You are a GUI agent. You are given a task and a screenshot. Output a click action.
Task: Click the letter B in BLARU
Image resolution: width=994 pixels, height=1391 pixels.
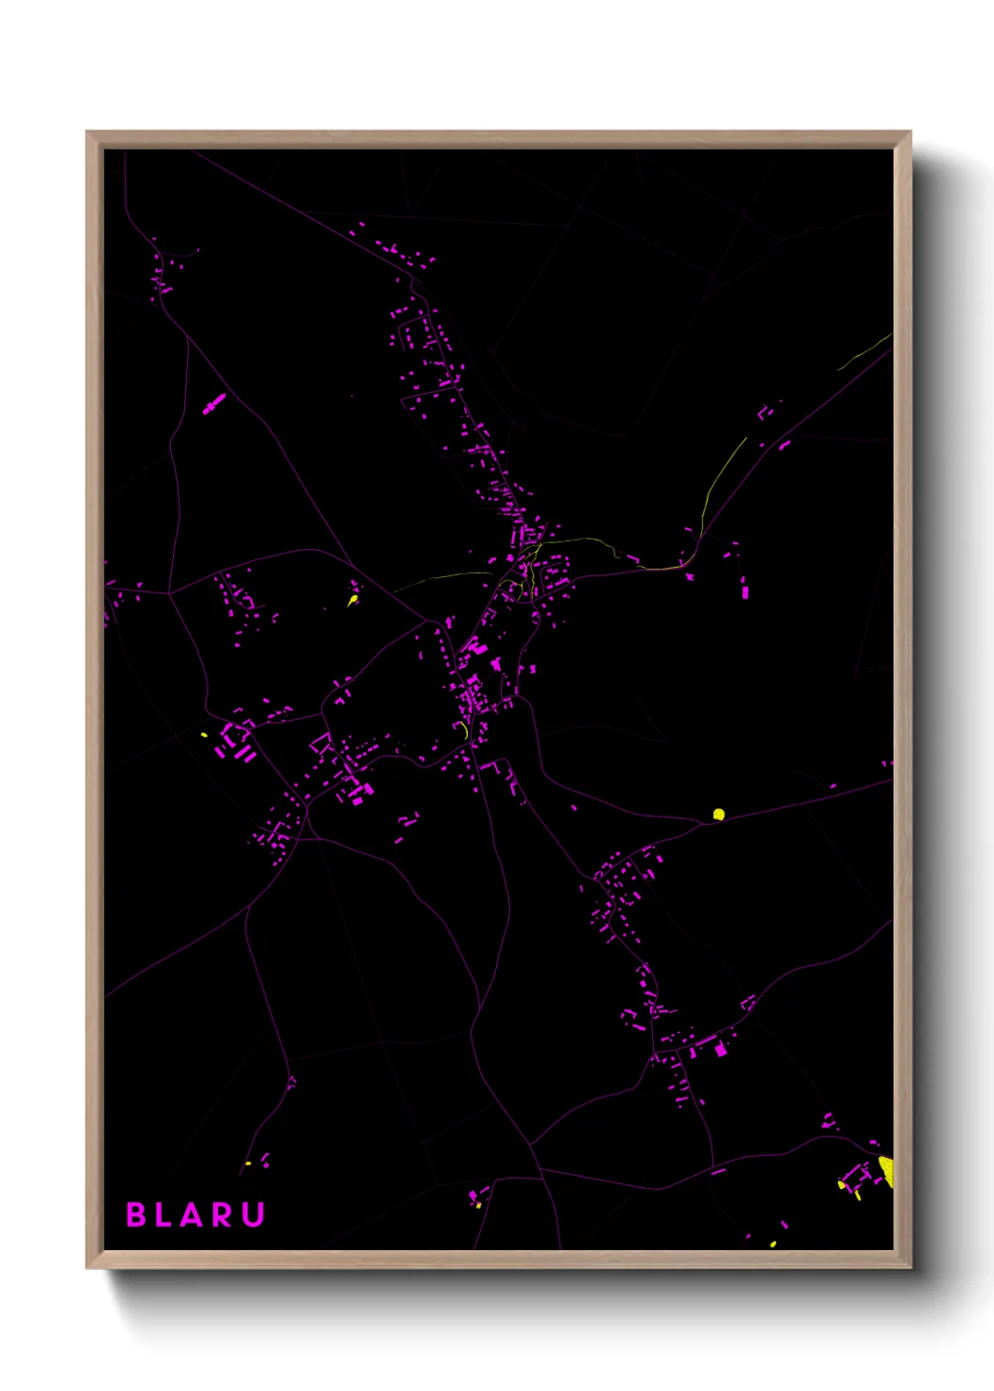[x=136, y=1214]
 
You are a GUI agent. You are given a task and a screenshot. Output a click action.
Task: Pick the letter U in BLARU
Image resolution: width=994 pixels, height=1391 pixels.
[x=253, y=1214]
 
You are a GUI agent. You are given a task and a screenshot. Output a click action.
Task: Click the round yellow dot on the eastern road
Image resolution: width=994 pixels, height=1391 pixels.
[x=719, y=814]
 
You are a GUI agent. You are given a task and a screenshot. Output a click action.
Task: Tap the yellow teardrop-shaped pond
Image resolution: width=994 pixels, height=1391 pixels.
[x=353, y=599]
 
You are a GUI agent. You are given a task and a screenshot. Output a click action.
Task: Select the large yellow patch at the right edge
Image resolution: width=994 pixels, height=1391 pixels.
[x=886, y=1170]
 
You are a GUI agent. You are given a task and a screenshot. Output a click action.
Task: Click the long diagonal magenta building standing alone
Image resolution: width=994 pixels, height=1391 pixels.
[x=214, y=404]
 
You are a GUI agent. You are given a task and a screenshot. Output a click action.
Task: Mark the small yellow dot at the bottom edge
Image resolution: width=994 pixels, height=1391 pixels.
[x=773, y=1244]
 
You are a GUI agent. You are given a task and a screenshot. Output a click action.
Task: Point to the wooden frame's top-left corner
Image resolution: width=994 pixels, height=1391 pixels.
[x=87, y=133]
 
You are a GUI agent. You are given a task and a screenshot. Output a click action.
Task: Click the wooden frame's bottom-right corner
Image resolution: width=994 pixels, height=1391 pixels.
[x=909, y=1267]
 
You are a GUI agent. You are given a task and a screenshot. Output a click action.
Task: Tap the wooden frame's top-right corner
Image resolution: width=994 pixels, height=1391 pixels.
[x=909, y=133]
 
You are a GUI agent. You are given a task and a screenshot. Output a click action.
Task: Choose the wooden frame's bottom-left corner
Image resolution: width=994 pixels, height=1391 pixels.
[x=87, y=1267]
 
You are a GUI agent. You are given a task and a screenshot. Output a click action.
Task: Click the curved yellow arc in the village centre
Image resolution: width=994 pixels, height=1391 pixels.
[x=464, y=729]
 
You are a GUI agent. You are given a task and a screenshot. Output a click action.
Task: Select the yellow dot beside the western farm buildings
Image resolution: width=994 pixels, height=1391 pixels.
[x=204, y=734]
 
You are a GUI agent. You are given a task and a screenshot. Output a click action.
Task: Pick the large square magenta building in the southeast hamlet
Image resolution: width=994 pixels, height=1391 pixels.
[x=722, y=1049]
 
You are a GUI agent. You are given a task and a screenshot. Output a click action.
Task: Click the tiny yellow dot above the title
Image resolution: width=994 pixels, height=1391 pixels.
[x=248, y=1164]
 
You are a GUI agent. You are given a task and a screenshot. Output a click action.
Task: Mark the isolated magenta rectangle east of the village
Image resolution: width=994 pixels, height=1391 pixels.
[x=746, y=591]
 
